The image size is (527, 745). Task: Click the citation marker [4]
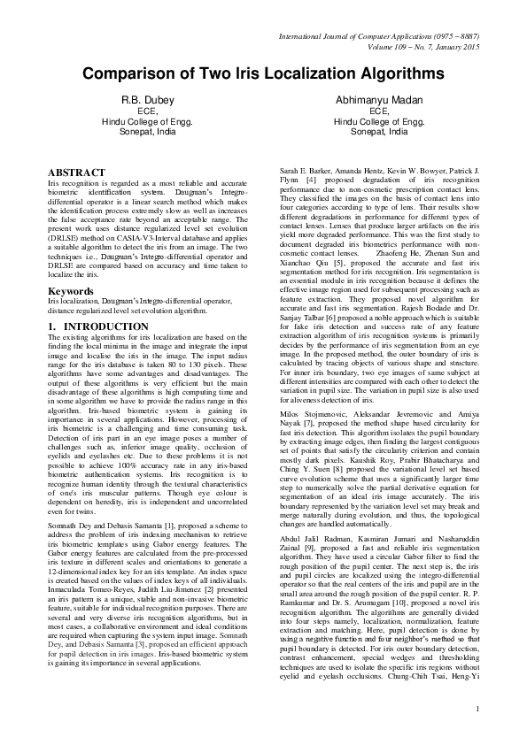click(311, 180)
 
